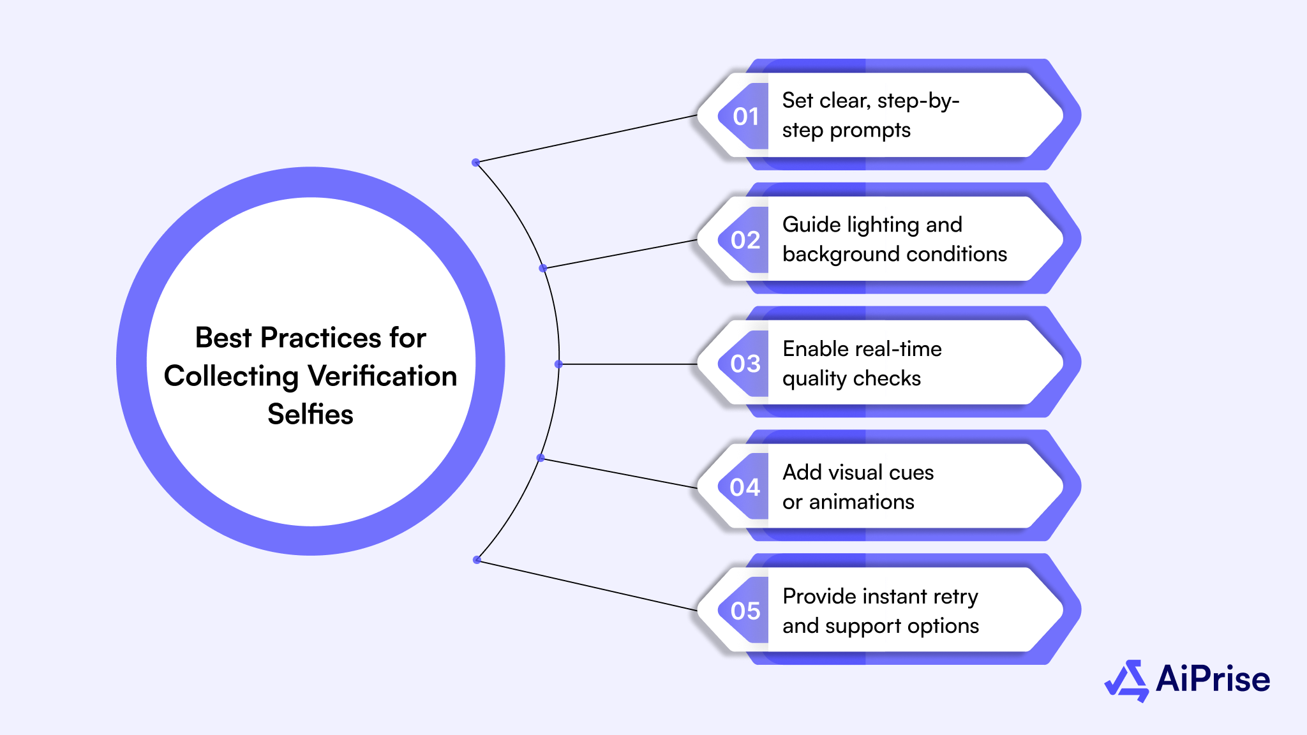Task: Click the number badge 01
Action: [x=745, y=117]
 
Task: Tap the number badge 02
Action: [x=745, y=241]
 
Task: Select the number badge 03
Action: [x=745, y=364]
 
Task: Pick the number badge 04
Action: [x=745, y=488]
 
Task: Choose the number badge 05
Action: [x=745, y=611]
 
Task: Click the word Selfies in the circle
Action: [x=310, y=415]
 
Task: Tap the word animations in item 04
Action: [x=862, y=502]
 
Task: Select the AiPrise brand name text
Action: [x=1213, y=679]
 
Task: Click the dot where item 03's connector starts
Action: [x=558, y=364]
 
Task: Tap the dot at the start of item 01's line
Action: [x=475, y=163]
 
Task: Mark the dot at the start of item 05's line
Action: [x=477, y=560]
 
